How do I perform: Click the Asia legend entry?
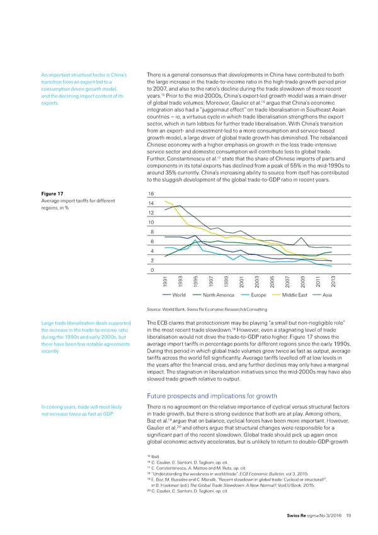[x=327, y=295]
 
